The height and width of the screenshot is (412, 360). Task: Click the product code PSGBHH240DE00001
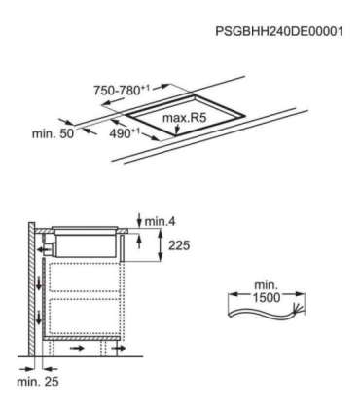[279, 32]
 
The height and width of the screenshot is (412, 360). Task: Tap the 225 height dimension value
[175, 246]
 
